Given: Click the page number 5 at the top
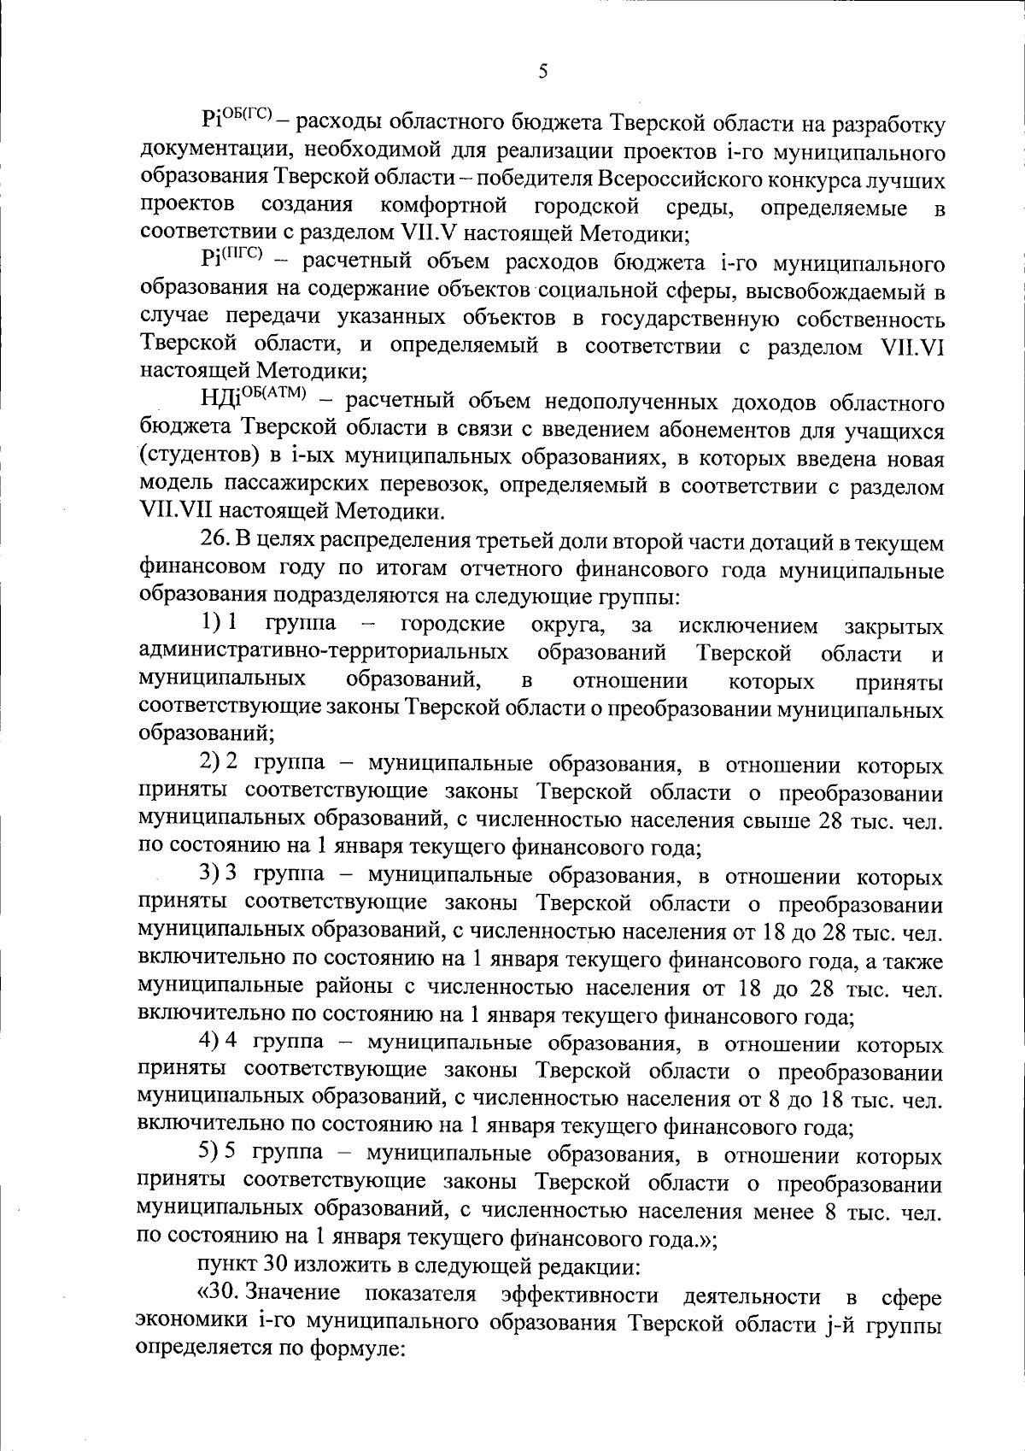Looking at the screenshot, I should point(543,73).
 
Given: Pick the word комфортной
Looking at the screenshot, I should point(444,207).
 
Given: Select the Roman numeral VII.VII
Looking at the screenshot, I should point(175,513).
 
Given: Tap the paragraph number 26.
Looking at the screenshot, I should point(214,542).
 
